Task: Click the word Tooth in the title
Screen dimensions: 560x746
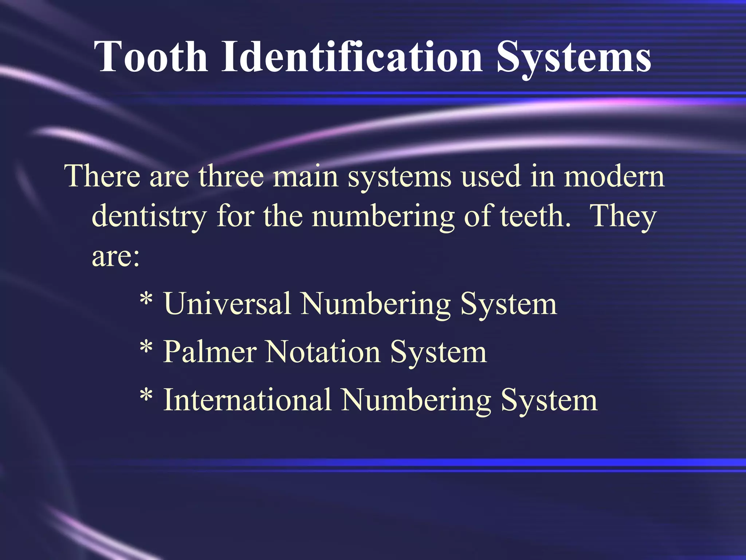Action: [151, 57]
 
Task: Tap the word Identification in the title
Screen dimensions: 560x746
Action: [352, 57]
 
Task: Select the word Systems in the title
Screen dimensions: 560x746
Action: [573, 58]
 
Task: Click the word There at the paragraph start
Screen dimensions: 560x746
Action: [102, 176]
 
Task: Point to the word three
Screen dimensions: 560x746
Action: [231, 176]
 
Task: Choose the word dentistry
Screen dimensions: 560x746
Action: [149, 217]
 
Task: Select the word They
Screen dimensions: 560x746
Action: [623, 217]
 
